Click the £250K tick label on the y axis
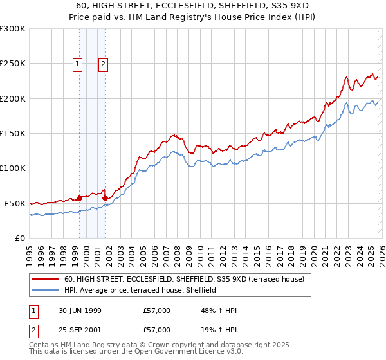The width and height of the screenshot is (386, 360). [13, 64]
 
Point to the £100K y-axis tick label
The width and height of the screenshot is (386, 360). [13, 168]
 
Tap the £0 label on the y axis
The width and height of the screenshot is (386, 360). [19, 238]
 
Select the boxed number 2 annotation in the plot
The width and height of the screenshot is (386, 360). [103, 64]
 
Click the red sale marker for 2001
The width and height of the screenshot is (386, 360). [105, 198]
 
